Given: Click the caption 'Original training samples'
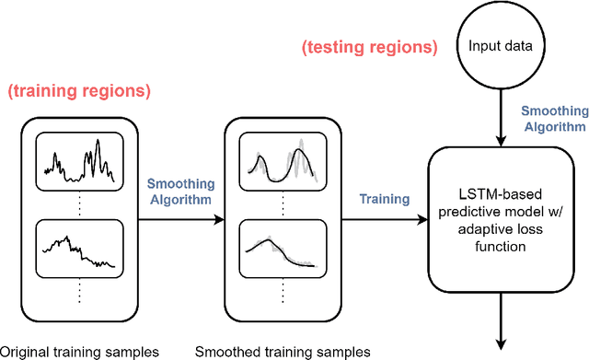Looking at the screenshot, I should coord(79,351).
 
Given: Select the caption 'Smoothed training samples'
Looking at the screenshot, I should coord(283,351).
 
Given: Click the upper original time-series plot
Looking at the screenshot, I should coord(78,160).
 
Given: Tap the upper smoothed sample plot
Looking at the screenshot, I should coord(282,160).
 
